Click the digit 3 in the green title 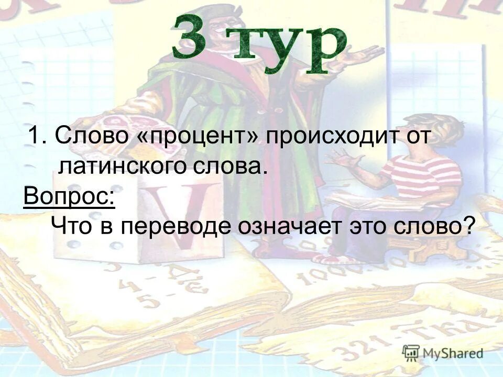click(x=190, y=38)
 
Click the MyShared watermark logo click(x=442, y=352)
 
